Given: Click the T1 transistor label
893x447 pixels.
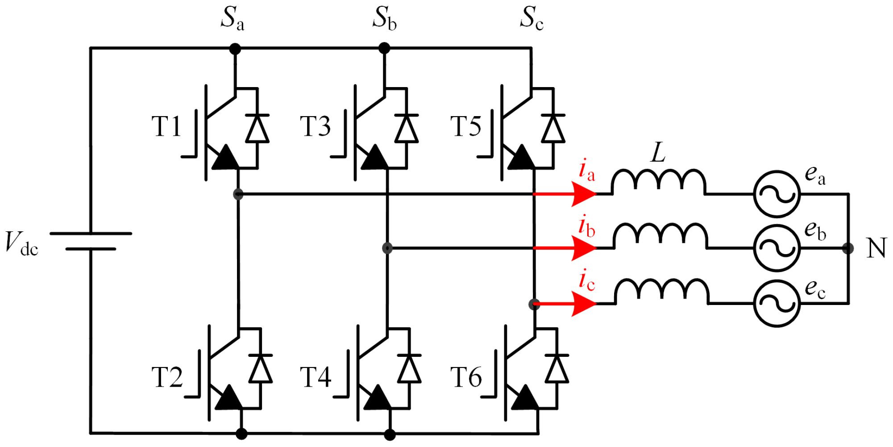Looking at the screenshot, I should click(x=166, y=126).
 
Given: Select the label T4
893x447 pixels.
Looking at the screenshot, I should click(x=316, y=377).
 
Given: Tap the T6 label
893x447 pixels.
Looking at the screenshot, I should click(x=466, y=377).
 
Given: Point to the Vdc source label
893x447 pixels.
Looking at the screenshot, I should click(x=21, y=244).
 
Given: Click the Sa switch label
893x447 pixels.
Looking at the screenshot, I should click(x=233, y=19).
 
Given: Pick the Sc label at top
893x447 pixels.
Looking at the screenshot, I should click(x=532, y=19).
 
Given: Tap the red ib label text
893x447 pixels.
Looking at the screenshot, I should click(x=586, y=226).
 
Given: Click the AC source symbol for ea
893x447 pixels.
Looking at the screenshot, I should click(x=777, y=194).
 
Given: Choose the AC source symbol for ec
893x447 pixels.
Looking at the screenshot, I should click(x=777, y=304).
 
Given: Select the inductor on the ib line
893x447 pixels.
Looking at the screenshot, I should click(x=660, y=236).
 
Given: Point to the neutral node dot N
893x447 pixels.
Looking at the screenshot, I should click(x=848, y=248).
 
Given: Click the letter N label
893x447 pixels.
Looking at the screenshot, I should click(x=876, y=248).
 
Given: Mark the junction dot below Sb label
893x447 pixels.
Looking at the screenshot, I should click(x=384, y=48).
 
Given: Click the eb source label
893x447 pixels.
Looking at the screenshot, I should click(x=815, y=230).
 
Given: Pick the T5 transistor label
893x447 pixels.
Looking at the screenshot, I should click(x=465, y=126).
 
